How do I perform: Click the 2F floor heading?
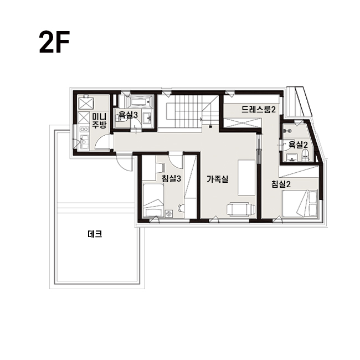pos(54,42)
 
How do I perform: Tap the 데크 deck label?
pos(95,234)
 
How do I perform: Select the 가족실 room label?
pos(218,179)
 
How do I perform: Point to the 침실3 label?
pos(171,178)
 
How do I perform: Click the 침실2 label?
pos(281,184)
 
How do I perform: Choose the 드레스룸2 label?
pos(259,109)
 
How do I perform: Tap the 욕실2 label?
pos(298,145)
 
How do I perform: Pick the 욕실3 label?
pos(128,115)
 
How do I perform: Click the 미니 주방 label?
pos(99,121)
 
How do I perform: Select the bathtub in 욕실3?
pos(140,101)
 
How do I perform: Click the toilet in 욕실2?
pos(305,156)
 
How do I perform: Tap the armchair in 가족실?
pos(241,209)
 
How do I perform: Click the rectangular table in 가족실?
pos(246,177)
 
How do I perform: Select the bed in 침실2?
pos(300,203)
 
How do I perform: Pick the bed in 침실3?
pos(153,200)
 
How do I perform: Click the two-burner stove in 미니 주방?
pos(84,129)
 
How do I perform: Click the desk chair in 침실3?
pos(181,208)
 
